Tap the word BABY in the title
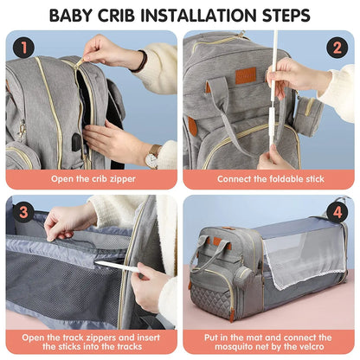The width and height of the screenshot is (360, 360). click(x=73, y=15)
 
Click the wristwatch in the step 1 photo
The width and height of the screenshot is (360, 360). click(x=152, y=157)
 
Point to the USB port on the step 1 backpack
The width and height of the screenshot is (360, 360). click(x=78, y=138)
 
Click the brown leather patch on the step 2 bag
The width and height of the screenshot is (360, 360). click(x=247, y=75)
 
